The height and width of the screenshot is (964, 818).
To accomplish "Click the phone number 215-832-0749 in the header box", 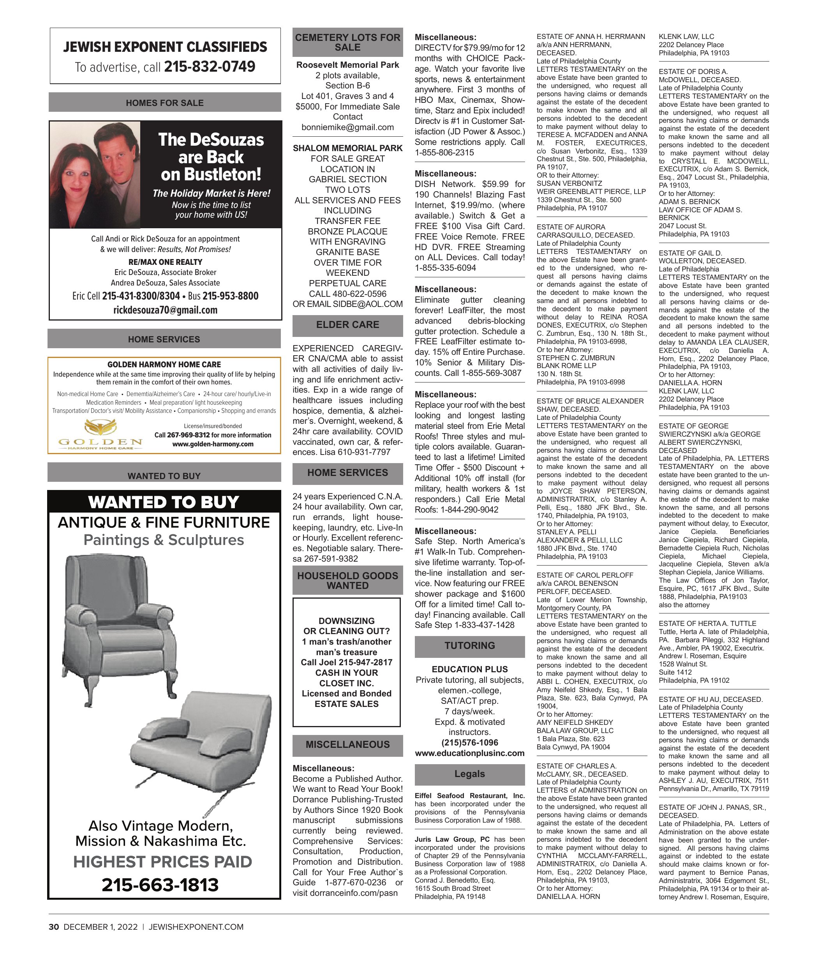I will (210, 67).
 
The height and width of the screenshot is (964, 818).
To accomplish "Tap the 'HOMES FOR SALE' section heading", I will (165, 103).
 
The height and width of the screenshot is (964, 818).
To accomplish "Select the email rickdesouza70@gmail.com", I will (165, 310).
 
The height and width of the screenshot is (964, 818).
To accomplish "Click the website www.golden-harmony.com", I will (213, 444).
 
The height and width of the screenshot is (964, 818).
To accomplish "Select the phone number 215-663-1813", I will (160, 885).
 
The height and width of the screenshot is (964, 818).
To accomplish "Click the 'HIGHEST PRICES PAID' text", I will (163, 862).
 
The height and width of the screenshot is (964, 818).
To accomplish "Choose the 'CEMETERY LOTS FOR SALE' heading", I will (347, 42).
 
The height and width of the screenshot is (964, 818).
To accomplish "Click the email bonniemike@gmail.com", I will (347, 127).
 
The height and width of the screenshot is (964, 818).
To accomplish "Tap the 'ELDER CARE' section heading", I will (347, 324).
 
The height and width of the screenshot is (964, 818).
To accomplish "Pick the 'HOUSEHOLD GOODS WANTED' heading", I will (347, 580).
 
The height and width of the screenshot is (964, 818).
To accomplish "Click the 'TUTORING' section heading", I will (469, 645).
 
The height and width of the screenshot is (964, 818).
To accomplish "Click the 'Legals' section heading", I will (469, 774).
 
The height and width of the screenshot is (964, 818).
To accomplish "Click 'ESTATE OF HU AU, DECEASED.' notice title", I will (710, 699).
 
